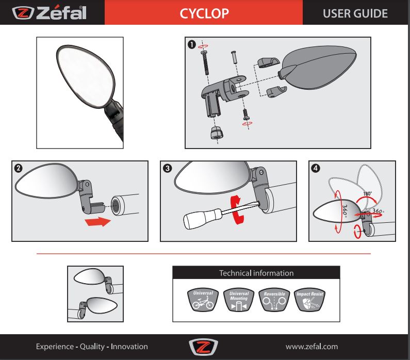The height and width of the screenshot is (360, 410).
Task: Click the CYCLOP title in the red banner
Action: click(204, 13)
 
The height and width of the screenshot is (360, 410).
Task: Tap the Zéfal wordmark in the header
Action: click(61, 13)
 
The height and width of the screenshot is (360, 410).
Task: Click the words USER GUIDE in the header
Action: click(355, 13)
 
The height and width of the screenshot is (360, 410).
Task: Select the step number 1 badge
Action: click(192, 44)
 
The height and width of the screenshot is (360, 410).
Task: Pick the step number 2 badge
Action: click(18, 168)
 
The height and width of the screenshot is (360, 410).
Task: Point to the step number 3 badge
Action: click(167, 168)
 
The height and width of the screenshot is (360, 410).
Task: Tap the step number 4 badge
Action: click(316, 168)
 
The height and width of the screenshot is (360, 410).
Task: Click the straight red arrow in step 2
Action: click(97, 222)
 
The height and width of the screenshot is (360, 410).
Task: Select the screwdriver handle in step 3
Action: click(202, 219)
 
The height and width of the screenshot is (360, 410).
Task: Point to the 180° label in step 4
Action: click(367, 194)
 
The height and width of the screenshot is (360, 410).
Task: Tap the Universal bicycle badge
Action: click(203, 300)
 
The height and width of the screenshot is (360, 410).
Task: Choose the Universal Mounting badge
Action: click(239, 300)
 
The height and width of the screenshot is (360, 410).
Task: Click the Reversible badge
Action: click(274, 300)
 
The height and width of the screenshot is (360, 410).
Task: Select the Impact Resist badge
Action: click(309, 300)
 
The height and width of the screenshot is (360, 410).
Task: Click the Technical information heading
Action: click(256, 273)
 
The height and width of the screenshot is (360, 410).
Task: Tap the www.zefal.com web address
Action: click(311, 347)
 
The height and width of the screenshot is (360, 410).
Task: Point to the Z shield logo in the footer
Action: click(203, 347)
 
